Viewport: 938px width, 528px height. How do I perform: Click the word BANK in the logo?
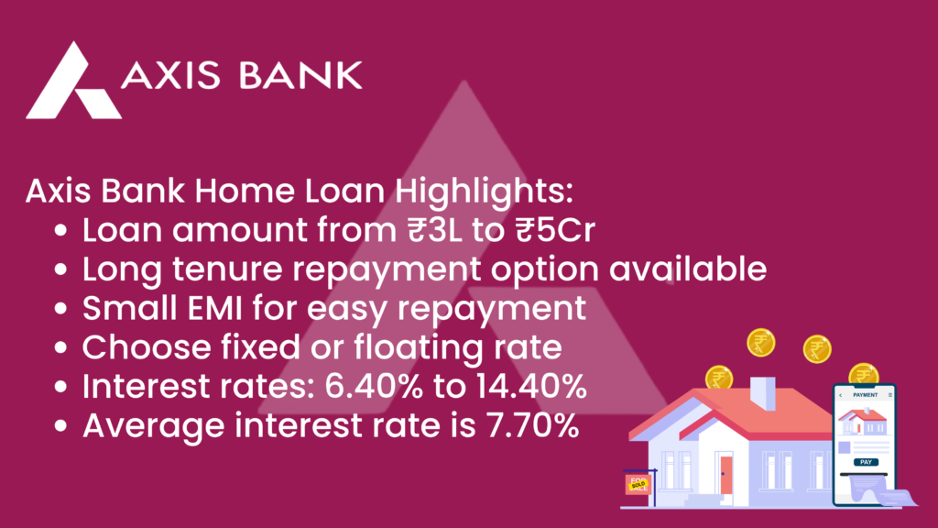point(300,75)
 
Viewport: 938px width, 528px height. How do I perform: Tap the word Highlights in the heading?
point(484,192)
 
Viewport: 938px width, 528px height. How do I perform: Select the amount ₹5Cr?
point(555,230)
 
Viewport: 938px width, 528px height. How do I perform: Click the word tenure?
point(227,269)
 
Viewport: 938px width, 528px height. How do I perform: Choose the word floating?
point(419,348)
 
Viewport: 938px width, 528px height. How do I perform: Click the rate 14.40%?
point(531,386)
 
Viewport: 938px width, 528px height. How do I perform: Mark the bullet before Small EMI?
point(60,309)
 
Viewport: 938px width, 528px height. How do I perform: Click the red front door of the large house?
point(726,475)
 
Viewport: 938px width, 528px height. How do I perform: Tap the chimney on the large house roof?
point(763,392)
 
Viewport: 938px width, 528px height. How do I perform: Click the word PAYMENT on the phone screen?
point(865,395)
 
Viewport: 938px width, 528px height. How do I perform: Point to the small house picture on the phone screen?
point(862,422)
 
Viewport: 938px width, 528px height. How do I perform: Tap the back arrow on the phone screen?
point(841,395)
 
